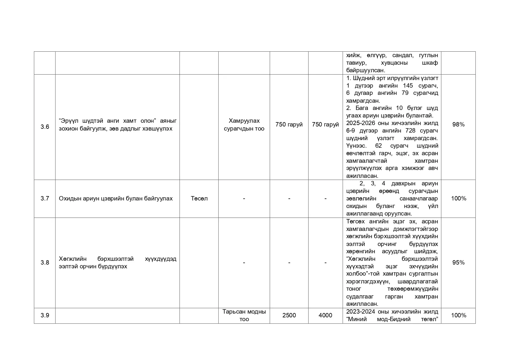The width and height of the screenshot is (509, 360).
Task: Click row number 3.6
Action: click(45, 127)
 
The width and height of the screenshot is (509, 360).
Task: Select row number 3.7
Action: click(45, 198)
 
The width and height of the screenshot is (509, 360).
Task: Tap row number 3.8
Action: click(45, 263)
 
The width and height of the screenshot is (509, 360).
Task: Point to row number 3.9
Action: click(45, 315)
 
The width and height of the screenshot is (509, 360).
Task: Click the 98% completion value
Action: click(458, 124)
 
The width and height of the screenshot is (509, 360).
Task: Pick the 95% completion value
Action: click(458, 263)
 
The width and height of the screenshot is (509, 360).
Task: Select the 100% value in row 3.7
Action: click(458, 198)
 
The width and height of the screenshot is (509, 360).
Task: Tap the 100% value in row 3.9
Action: click(458, 315)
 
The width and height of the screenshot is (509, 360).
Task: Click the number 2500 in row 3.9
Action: click(289, 315)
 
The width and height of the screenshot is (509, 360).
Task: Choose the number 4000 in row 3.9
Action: click(325, 315)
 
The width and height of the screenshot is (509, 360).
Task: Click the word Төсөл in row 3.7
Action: click(199, 198)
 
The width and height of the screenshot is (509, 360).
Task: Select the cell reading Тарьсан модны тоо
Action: click(244, 315)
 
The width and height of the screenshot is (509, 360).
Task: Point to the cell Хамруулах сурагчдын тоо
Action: click(244, 124)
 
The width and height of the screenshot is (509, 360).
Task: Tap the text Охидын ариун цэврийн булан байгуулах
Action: click(116, 198)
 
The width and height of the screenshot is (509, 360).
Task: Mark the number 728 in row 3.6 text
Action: click(410, 131)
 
